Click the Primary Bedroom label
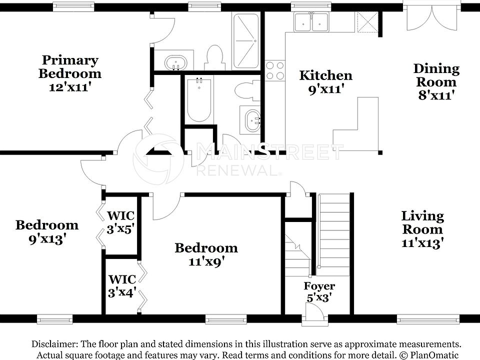click(x=70, y=73)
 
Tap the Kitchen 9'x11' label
click(x=325, y=82)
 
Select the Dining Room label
click(x=436, y=81)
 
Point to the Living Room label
click(x=422, y=229)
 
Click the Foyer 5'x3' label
click(x=319, y=291)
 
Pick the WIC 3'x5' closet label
click(x=120, y=222)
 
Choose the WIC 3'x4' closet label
click(x=122, y=286)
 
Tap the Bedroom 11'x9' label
click(x=206, y=254)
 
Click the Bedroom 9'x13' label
click(x=47, y=232)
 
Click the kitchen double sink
click(x=311, y=22)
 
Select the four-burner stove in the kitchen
click(x=275, y=70)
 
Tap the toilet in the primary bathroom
click(x=214, y=58)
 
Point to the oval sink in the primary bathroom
click(x=175, y=63)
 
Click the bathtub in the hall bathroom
click(x=199, y=100)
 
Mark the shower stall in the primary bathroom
click(x=245, y=40)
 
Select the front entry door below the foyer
click(x=314, y=313)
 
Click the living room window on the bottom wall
click(x=428, y=319)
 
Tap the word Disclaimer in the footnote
click(x=53, y=344)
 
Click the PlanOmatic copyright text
click(x=429, y=355)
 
